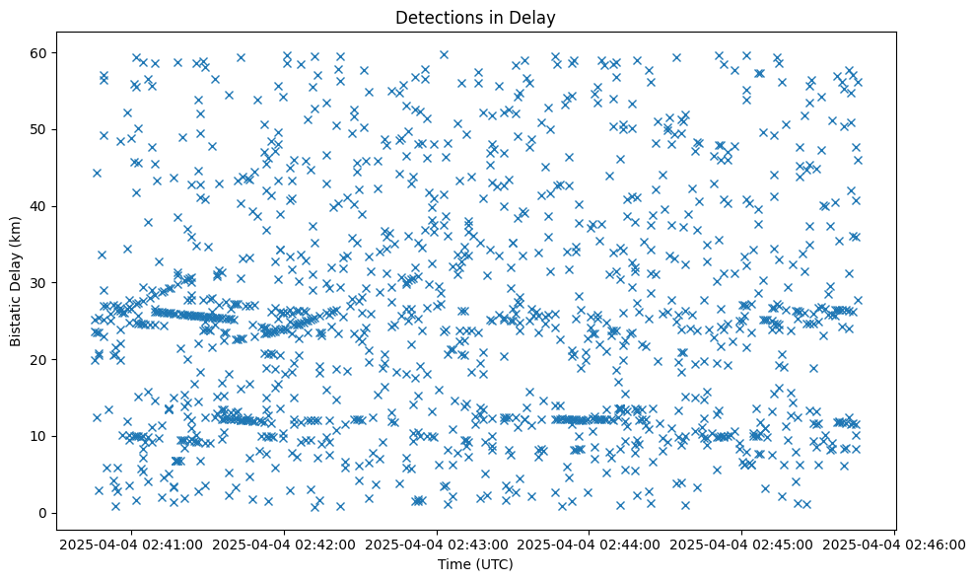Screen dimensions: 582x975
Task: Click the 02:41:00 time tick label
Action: pos(132,544)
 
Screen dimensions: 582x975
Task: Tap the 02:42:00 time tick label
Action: pos(285,544)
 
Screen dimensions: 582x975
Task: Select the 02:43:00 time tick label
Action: pos(438,544)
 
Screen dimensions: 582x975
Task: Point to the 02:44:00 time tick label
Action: pos(590,544)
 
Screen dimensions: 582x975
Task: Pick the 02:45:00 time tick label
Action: pos(742,544)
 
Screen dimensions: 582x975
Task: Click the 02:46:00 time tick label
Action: pos(894,544)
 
